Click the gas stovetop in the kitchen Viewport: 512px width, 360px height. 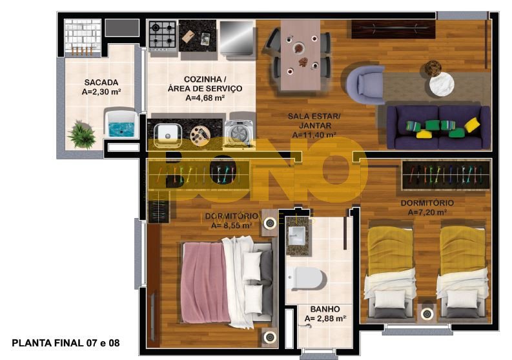click(x=163, y=35)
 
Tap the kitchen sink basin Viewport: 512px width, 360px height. click(x=167, y=135)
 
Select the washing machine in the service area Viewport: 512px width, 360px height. click(x=240, y=132)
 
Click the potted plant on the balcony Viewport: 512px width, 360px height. click(x=81, y=135)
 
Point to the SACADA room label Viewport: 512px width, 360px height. click(x=101, y=82)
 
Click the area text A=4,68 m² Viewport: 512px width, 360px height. click(x=205, y=97)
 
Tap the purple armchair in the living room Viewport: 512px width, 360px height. click(x=365, y=85)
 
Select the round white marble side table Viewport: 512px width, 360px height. click(x=442, y=84)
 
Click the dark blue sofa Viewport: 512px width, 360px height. click(x=438, y=127)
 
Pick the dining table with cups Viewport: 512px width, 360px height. click(x=300, y=55)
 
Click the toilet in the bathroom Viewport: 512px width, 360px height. click(x=307, y=279)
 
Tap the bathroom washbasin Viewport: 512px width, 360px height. click(x=298, y=235)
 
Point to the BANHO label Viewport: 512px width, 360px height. click(x=325, y=309)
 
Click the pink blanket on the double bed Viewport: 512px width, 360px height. click(x=204, y=283)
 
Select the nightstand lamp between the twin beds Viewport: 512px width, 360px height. click(x=427, y=314)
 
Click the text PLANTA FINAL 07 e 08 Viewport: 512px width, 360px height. click(x=66, y=343)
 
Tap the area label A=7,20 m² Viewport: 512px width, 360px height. click(x=427, y=212)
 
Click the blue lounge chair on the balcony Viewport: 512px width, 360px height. click(x=120, y=124)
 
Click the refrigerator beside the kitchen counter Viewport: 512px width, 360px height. click(x=237, y=39)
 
